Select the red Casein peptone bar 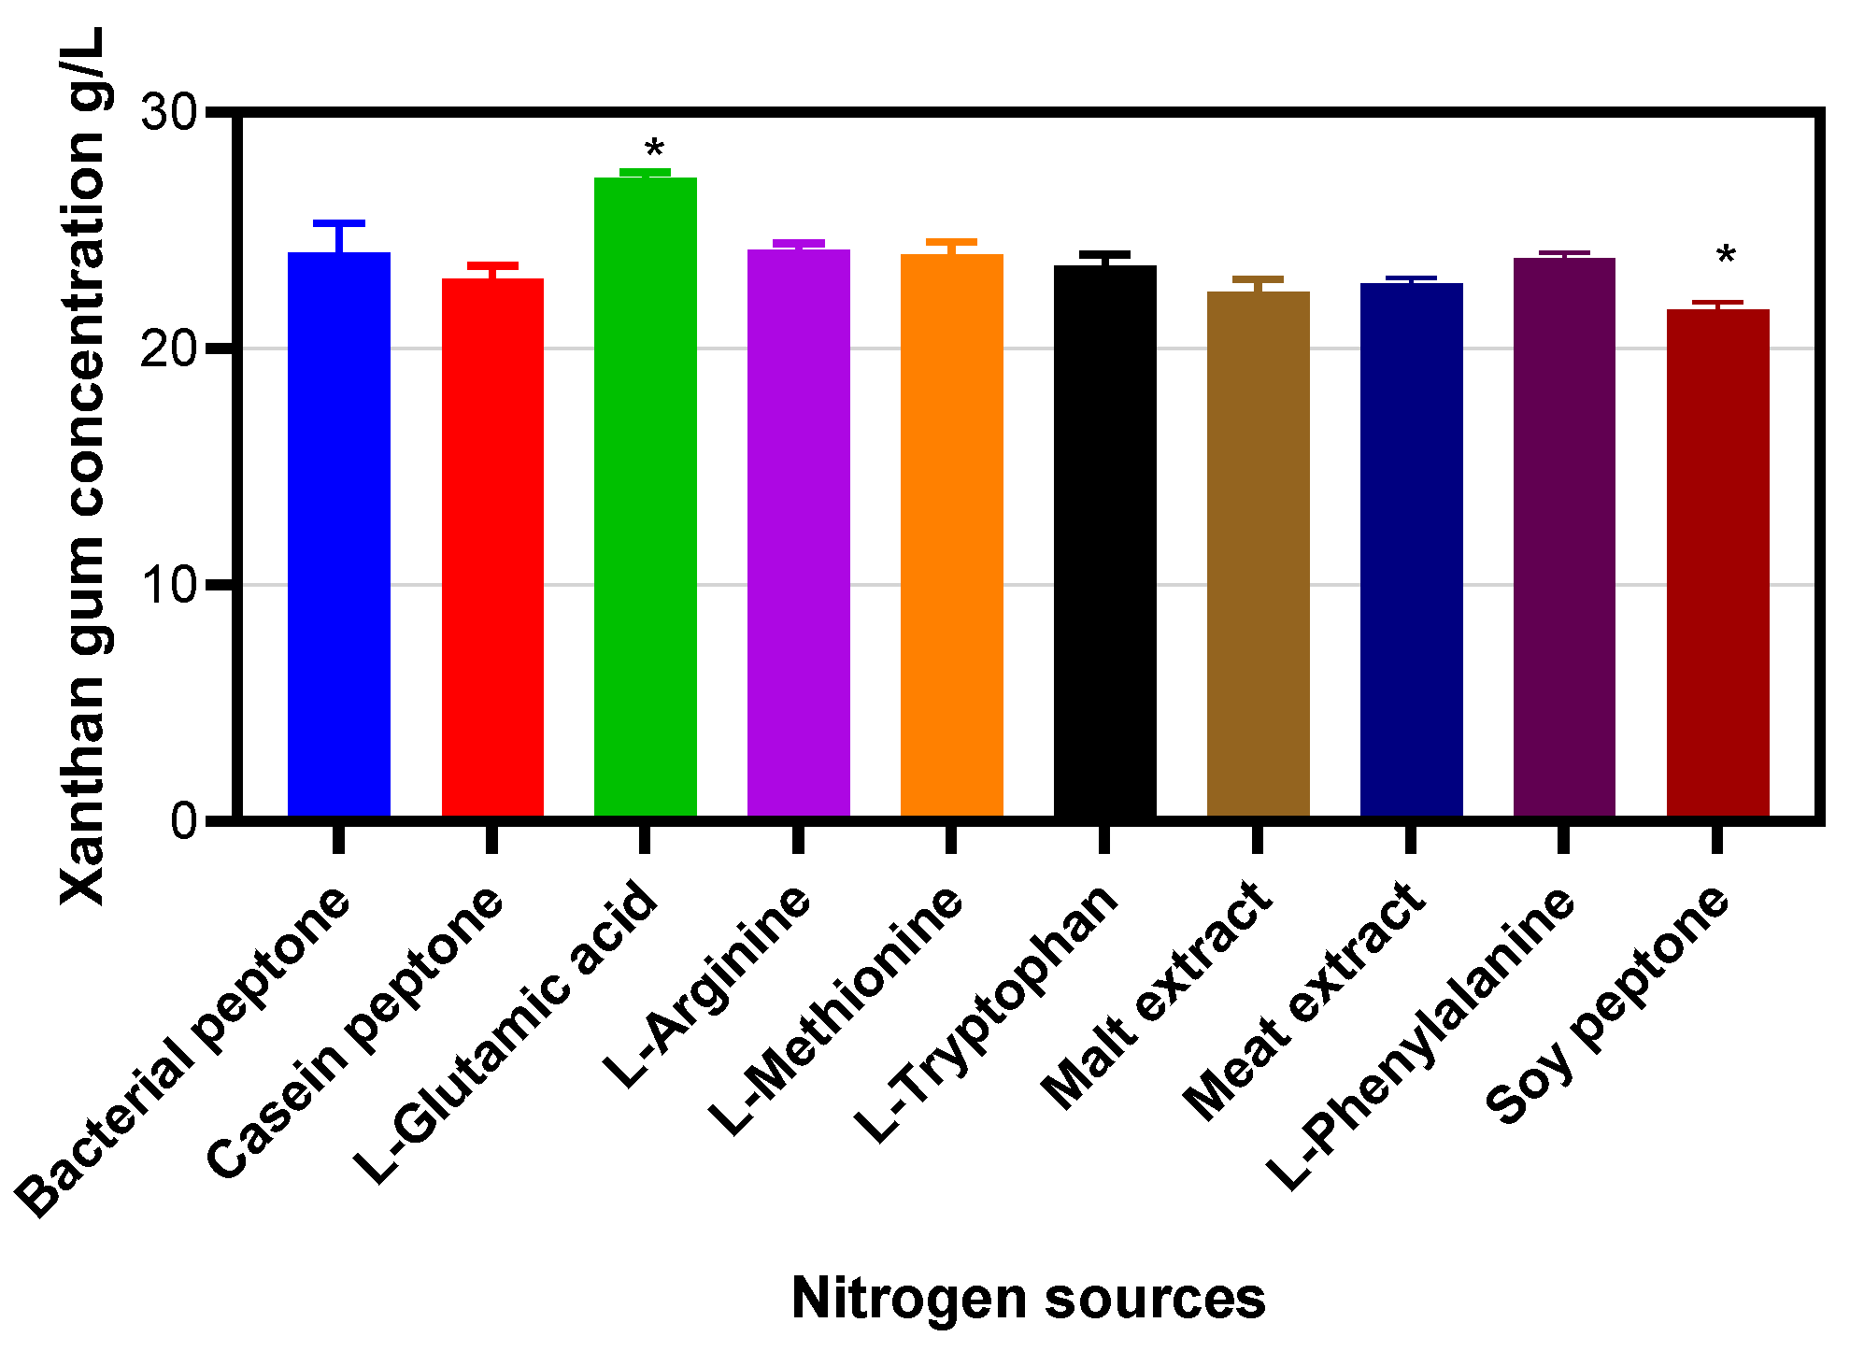tap(492, 548)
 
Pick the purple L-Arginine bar tap(799, 533)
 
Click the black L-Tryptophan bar tap(1105, 541)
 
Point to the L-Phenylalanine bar tap(1565, 537)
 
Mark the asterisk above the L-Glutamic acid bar tap(655, 150)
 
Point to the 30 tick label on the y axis tap(169, 113)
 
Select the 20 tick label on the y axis tap(169, 349)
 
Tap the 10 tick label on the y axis tap(169, 586)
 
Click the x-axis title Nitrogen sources tap(1028, 1298)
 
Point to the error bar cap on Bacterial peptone tap(339, 223)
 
